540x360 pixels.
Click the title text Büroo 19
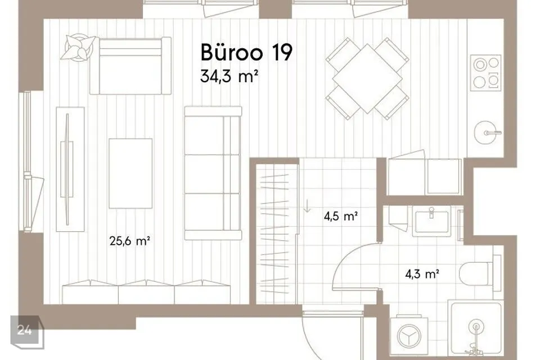click(x=246, y=52)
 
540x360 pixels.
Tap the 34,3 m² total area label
click(x=229, y=76)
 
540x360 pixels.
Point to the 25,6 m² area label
click(x=129, y=241)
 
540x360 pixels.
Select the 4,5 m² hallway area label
click(x=341, y=217)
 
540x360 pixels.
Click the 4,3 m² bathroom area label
click(x=422, y=274)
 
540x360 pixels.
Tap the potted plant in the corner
click(x=79, y=47)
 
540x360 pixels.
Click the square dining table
click(x=367, y=79)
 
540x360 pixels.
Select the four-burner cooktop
click(x=486, y=73)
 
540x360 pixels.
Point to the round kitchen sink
click(x=487, y=133)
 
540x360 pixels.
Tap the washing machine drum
click(x=409, y=336)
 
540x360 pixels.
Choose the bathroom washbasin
click(x=431, y=222)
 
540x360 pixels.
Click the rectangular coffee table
click(x=130, y=173)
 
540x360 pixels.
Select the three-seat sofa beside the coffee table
click(x=213, y=173)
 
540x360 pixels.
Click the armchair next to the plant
click(x=130, y=65)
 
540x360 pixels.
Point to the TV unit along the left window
click(x=70, y=169)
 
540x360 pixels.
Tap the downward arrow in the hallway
click(x=307, y=205)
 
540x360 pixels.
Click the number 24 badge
click(x=26, y=331)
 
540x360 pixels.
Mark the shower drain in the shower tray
click(x=476, y=327)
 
